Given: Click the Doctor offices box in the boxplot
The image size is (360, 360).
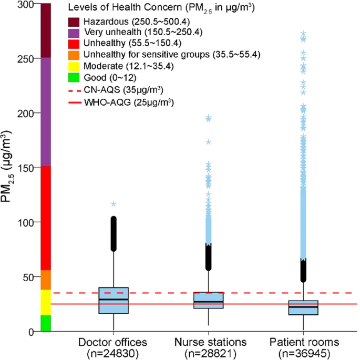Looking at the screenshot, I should pyautogui.click(x=114, y=301).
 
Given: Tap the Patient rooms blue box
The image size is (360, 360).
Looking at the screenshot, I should pyautogui.click(x=303, y=307).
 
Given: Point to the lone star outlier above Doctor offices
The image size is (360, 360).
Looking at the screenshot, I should pyautogui.click(x=114, y=204).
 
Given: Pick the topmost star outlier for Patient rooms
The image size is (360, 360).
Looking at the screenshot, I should pyautogui.click(x=303, y=34).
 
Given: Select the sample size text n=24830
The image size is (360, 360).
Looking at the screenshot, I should pyautogui.click(x=114, y=354).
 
